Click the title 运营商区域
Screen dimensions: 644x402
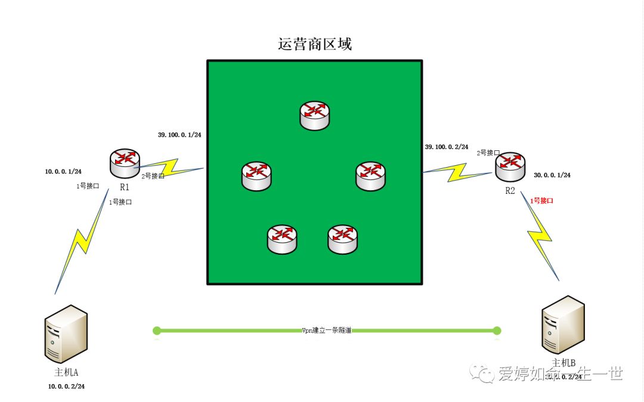pos(315,44)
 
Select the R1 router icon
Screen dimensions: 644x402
pos(125,164)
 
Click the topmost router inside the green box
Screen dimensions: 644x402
pos(314,115)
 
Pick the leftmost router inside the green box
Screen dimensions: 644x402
pos(256,176)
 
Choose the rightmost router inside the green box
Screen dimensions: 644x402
pos(371,176)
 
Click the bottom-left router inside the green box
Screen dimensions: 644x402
pos(281,239)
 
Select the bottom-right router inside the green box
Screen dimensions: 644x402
pos(343,239)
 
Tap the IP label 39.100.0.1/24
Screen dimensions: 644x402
pos(179,135)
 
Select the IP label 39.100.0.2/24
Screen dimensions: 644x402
pos(447,147)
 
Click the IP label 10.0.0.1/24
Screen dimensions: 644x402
pos(63,172)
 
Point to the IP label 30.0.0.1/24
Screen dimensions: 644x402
pos(552,175)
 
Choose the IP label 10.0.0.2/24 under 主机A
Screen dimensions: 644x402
pos(66,386)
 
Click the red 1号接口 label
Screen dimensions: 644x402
pos(541,201)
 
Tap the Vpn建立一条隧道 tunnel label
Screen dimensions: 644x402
pos(327,330)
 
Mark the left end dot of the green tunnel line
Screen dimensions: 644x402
pos(157,330)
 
